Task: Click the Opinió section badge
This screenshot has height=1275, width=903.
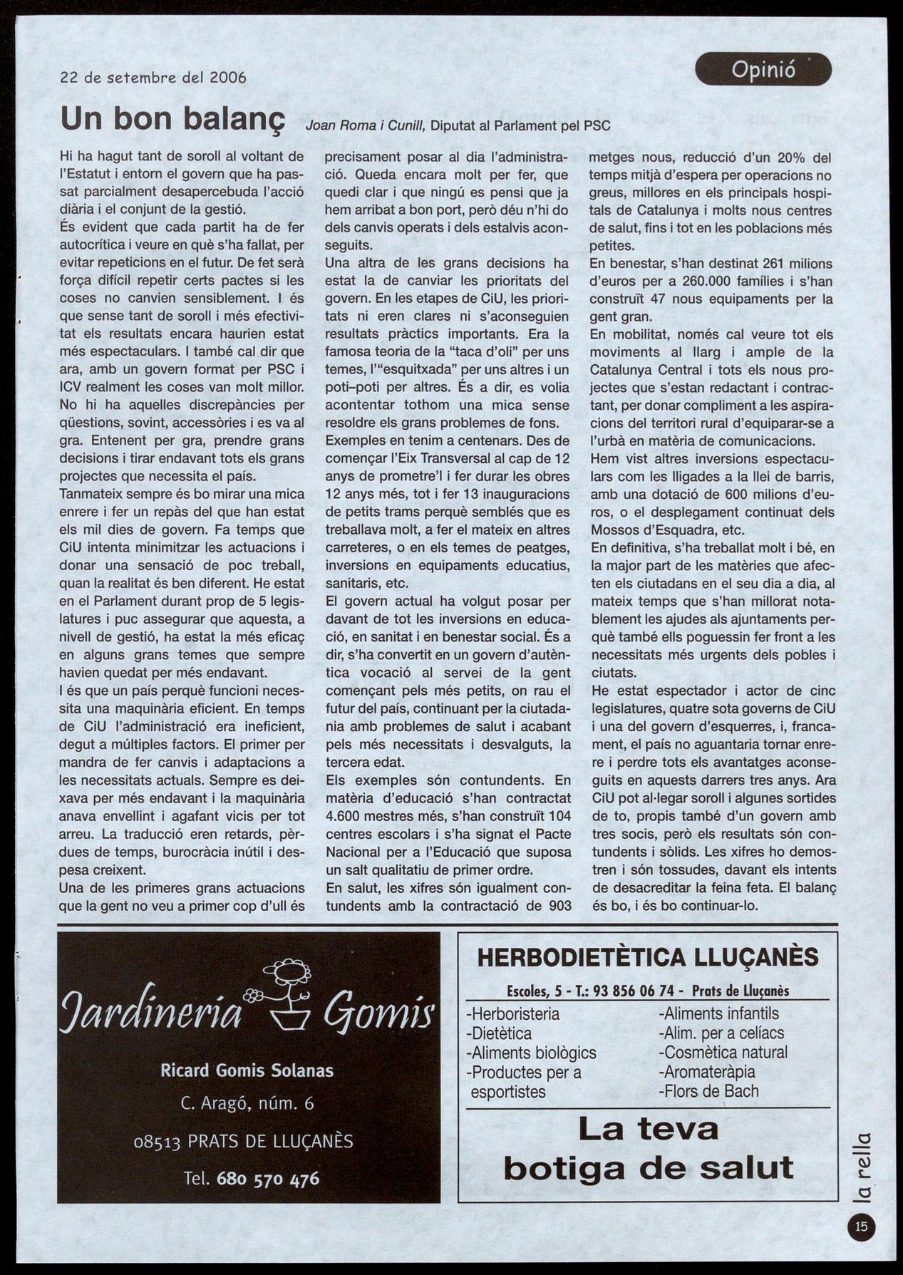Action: point(763,70)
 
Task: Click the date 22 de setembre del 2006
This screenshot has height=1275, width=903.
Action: point(153,78)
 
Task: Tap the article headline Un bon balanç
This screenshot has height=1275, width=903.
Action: point(172,119)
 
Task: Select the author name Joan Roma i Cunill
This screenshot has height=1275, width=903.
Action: point(365,126)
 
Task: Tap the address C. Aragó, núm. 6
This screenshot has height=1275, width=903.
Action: point(247,1103)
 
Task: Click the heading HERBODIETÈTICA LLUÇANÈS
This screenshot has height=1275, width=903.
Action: point(647,957)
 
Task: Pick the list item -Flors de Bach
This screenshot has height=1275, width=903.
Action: point(708,1090)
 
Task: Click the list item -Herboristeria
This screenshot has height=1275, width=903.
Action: point(512,1013)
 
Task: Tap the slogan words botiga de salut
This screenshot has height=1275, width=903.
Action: point(648,1167)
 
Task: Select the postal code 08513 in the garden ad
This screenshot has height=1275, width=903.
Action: point(160,1142)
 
